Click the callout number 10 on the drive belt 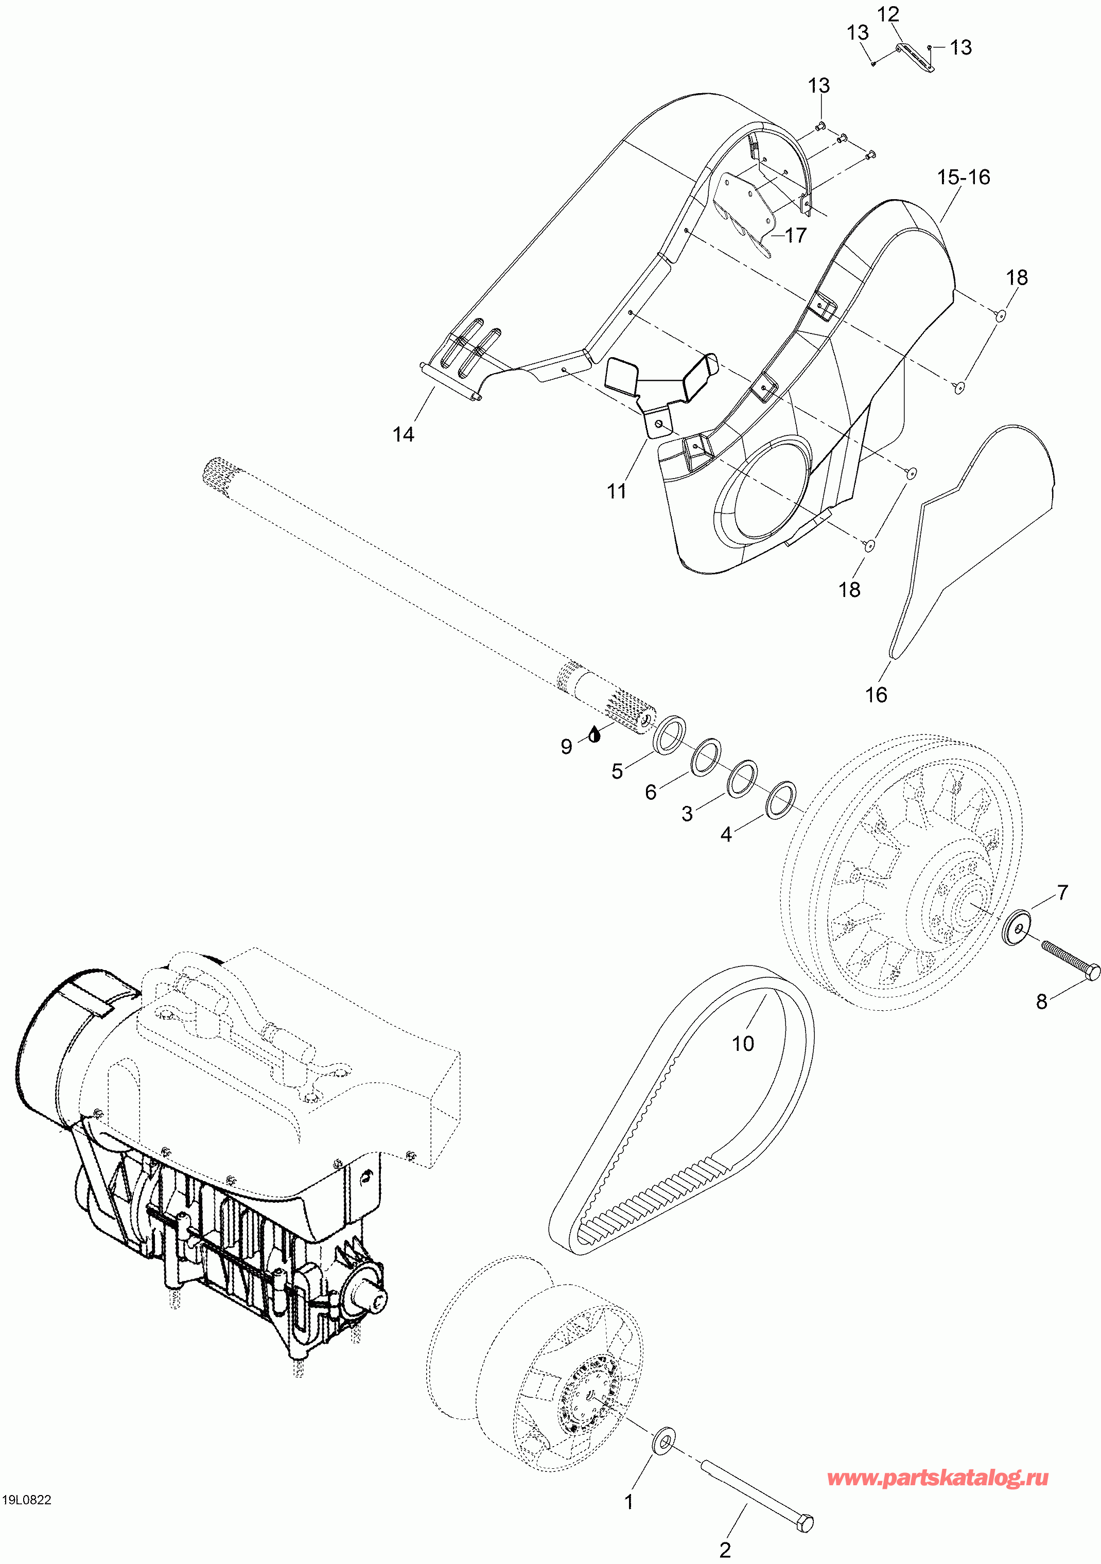click(743, 1043)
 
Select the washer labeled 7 click(1017, 928)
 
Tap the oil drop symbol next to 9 click(595, 734)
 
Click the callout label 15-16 click(964, 177)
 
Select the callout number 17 click(796, 236)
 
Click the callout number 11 click(617, 491)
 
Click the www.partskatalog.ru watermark click(937, 1478)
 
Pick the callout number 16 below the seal click(876, 695)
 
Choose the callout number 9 click(566, 747)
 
